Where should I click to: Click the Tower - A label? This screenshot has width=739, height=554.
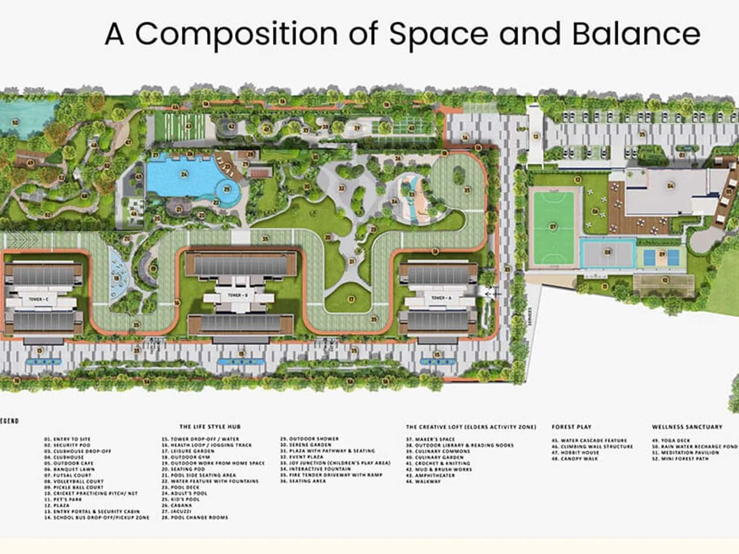(439, 297)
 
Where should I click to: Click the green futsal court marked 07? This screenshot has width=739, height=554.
(553, 227)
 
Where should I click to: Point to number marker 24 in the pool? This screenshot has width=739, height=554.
(184, 174)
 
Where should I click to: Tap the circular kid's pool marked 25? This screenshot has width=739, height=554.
(227, 189)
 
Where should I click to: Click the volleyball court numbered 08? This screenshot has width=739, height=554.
(607, 252)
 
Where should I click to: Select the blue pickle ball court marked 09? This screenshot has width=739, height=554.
(662, 254)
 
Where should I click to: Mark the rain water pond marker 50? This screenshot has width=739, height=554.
(15, 122)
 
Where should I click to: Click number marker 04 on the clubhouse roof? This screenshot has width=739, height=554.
(670, 186)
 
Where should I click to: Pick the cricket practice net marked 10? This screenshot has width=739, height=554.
(665, 280)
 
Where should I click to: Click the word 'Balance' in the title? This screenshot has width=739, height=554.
(636, 33)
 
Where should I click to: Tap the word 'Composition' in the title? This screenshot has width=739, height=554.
(236, 35)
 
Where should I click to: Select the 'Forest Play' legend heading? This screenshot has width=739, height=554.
(572, 427)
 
